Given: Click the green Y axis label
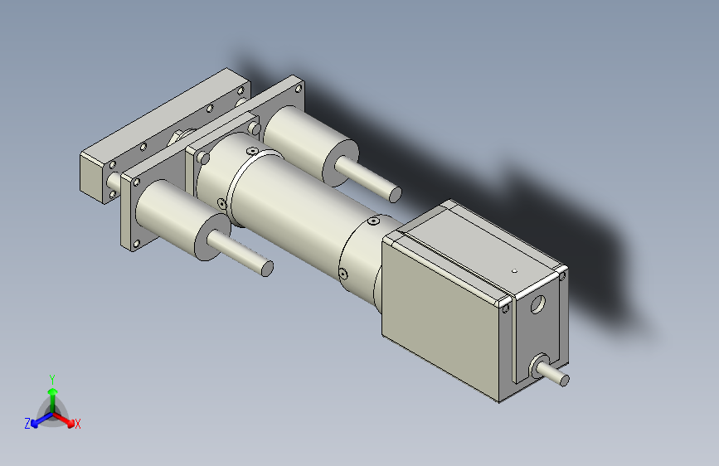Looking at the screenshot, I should [51, 377].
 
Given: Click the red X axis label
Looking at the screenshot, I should [78, 425].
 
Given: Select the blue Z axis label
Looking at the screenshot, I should [27, 424].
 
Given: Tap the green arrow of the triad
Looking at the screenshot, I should [52, 393].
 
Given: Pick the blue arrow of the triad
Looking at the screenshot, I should [38, 420].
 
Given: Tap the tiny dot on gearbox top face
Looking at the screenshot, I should [514, 270].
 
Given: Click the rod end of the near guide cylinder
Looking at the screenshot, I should [267, 269].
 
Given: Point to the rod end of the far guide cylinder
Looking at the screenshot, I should [395, 194].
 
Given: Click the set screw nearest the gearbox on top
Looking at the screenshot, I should [373, 222].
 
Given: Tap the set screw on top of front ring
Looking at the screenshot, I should [250, 150].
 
